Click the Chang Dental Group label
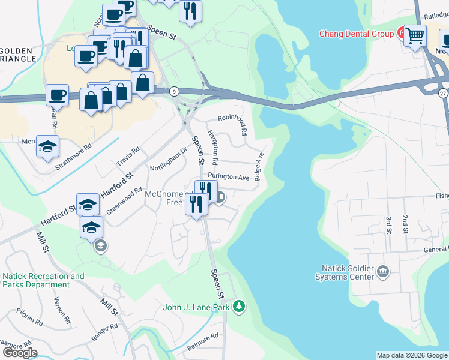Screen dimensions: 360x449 pos(356,34)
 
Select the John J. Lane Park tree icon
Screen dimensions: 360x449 pos(240,307)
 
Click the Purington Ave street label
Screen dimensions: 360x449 pos(228,178)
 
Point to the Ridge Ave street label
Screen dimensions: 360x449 pos(259,167)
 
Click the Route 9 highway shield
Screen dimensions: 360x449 pos(174,91)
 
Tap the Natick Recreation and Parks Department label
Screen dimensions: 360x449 pos(44,280)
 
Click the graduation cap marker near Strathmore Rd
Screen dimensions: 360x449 pos(48,146)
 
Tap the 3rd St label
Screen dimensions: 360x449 pos(388,224)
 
